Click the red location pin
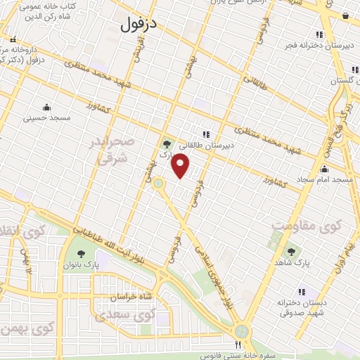click(181, 166)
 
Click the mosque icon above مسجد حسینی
click(47, 108)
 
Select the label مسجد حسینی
click(47, 118)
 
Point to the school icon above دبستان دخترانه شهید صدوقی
click(302, 292)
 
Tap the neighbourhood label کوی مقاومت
click(307, 227)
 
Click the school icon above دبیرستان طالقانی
click(206, 134)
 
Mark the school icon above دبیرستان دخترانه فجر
click(319, 34)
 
